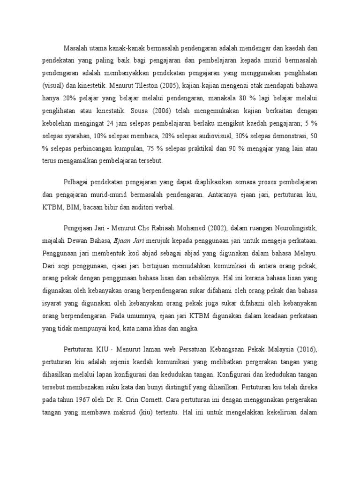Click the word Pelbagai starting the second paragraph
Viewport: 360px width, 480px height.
[76, 181]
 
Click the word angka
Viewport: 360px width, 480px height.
[190, 328]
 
